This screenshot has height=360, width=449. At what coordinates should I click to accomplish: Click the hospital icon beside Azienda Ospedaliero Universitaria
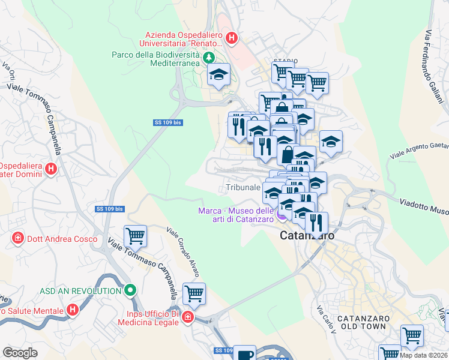coord(232,39)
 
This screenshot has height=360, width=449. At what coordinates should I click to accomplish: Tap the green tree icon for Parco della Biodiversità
coord(208,58)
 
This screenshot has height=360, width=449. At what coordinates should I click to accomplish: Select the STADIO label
coord(285,61)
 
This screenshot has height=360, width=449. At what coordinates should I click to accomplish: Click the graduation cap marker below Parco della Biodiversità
coord(219,75)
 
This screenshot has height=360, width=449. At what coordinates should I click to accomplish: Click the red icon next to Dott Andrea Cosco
coord(18,238)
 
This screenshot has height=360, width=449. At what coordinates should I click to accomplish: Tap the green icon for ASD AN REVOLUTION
coord(130,291)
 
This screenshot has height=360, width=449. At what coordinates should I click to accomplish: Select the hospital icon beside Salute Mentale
coord(73,310)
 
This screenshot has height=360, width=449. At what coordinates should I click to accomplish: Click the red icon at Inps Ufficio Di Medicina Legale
coord(187,317)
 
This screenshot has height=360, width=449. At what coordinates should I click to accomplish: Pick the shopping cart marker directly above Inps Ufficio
coord(194,293)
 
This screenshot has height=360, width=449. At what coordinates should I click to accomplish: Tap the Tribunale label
coord(243,188)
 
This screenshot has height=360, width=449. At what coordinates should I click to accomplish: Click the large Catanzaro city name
coord(307,236)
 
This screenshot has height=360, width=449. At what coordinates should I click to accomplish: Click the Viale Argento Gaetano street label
coord(420,150)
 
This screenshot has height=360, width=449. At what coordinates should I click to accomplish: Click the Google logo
coord(20,353)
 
